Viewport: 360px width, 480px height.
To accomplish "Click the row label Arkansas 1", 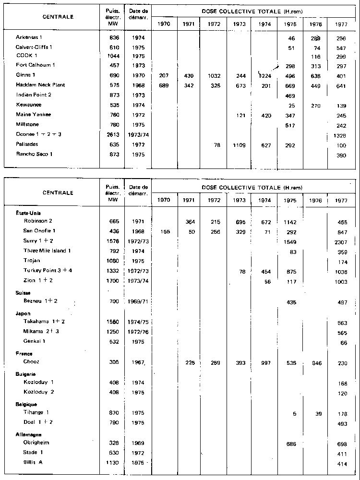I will [x=29, y=37].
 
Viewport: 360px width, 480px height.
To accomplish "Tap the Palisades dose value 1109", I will [x=239, y=144].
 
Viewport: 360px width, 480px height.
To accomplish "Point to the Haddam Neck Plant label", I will [x=40, y=85].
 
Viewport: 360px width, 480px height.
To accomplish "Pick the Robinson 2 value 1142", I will [x=289, y=222].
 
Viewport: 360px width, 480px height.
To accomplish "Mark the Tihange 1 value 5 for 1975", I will [x=292, y=413].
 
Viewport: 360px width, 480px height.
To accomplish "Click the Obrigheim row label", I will [x=37, y=442].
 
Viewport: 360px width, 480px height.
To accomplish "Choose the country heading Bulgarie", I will [x=26, y=374].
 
